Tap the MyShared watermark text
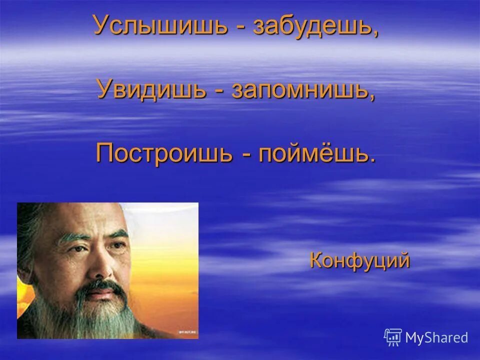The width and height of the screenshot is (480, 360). point(436,337)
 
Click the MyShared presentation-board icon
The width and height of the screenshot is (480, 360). point(392,337)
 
